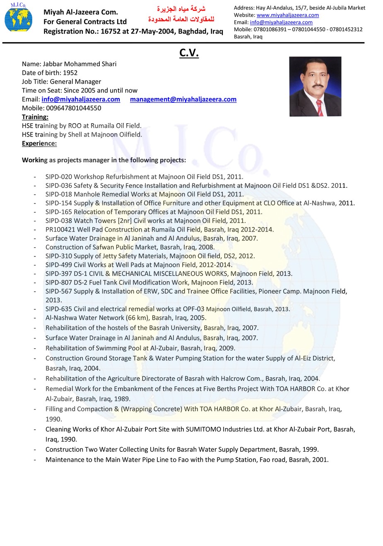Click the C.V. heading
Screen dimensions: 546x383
[189, 53]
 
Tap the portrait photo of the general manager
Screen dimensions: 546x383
[315, 86]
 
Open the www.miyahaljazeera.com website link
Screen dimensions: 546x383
[288, 15]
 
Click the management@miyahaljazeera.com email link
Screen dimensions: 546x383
[183, 99]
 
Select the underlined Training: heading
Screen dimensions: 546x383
[35, 117]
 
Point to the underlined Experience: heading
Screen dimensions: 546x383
[39, 144]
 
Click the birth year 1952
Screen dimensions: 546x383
[70, 73]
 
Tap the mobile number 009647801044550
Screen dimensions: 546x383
[73, 108]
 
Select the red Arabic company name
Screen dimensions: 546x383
[181, 14]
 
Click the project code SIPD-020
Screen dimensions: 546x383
[59, 177]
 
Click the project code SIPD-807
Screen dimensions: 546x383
[59, 283]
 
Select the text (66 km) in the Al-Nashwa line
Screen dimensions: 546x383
[137, 318]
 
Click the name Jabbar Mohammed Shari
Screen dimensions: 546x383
[79, 64]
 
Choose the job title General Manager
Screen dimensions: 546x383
[75, 81]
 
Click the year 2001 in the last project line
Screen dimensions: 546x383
[320, 460]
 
